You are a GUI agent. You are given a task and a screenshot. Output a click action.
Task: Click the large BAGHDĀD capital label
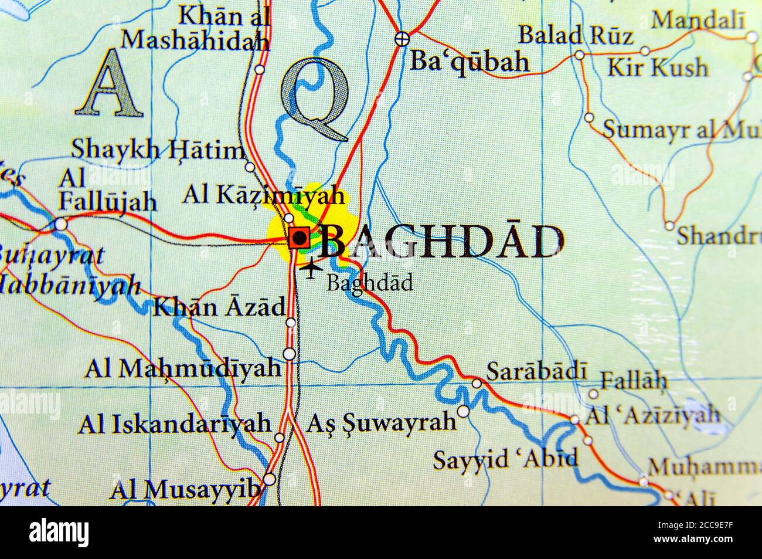click(x=443, y=241)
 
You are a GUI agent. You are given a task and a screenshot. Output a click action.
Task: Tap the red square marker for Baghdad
click(x=300, y=238)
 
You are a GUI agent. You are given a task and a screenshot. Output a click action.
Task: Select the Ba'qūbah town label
click(x=470, y=61)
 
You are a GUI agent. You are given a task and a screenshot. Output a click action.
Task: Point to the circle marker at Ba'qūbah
click(x=401, y=39)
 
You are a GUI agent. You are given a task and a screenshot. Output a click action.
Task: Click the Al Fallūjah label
click(x=107, y=190)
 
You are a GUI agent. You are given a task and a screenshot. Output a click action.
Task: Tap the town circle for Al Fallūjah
click(x=60, y=224)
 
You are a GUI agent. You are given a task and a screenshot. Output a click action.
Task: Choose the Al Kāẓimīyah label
click(x=263, y=195)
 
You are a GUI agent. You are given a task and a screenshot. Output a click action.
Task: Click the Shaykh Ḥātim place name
click(x=158, y=150)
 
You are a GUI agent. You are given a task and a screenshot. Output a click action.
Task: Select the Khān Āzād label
click(x=219, y=307)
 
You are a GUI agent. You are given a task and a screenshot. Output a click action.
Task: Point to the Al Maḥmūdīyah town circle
click(x=289, y=354)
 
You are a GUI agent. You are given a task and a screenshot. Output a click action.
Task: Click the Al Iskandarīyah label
click(x=175, y=424)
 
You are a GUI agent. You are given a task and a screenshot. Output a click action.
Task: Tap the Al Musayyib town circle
click(x=269, y=479)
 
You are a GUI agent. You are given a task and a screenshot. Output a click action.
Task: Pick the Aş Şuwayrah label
click(x=382, y=422)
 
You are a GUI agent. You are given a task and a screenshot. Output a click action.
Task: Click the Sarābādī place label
click(x=537, y=371)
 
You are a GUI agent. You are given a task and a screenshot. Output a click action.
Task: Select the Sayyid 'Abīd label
click(x=505, y=459)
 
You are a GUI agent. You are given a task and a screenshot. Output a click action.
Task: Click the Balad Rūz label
click(x=577, y=35)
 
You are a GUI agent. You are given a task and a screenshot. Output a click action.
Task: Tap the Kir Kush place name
click(x=657, y=67)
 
